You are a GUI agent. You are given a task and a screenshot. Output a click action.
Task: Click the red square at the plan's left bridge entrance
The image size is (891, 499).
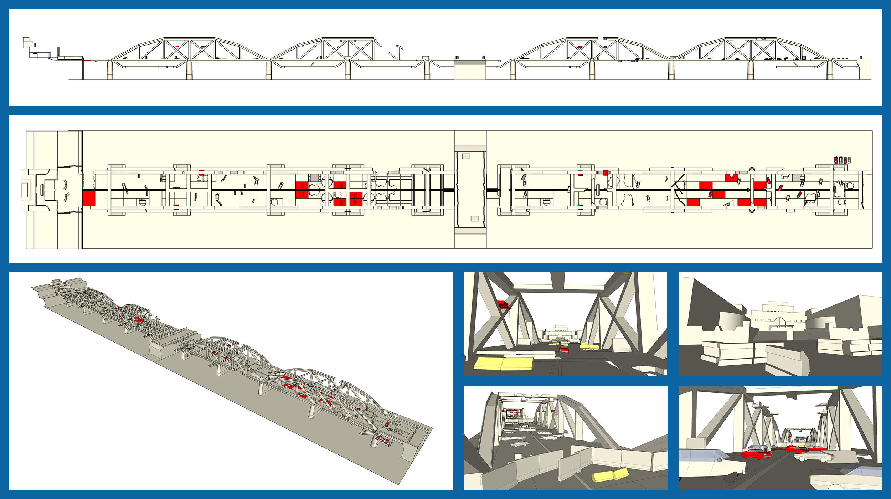(89, 198)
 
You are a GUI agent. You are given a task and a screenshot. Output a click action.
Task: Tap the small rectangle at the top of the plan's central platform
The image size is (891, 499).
(466, 156)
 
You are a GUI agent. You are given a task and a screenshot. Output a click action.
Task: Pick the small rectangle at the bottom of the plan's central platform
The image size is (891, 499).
(475, 218)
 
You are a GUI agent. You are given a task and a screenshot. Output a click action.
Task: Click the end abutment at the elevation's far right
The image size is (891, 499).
(865, 69)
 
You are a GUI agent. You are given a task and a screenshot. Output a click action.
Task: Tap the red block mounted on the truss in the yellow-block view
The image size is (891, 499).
(504, 304)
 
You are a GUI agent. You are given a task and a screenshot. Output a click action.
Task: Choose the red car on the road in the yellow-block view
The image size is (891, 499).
(563, 349)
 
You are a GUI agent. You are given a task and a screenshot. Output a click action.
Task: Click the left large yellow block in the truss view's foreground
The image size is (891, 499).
(488, 364)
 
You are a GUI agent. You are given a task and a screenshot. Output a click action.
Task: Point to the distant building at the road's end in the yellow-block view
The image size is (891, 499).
(560, 333)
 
